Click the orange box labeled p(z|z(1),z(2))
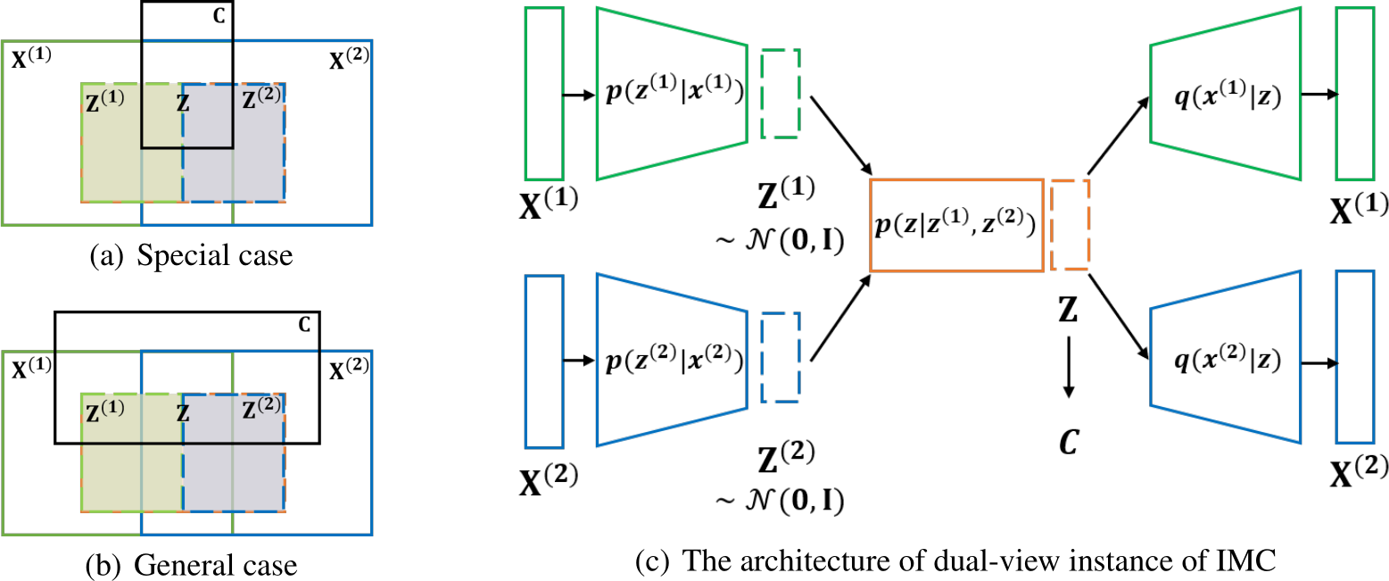point(955,225)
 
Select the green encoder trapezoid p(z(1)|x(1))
point(672,94)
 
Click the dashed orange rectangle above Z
point(1070,225)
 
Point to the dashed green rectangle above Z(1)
point(781,93)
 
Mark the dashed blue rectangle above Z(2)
point(781,359)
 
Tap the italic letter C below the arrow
point(1070,439)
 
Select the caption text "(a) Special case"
point(191,256)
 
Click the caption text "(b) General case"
point(193,566)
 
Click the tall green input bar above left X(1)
point(544,94)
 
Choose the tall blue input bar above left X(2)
point(544,361)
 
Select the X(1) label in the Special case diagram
point(32,62)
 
